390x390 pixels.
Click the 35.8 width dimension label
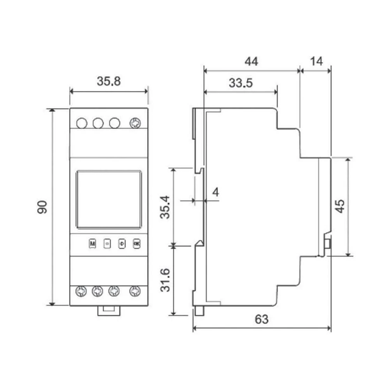click(109, 82)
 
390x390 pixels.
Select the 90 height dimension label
click(42, 207)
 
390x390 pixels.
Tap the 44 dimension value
click(251, 61)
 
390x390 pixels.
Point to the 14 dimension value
click(316, 61)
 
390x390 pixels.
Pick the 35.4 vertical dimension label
click(165, 207)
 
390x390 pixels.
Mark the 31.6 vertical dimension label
click(165, 280)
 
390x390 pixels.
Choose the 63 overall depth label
click(262, 319)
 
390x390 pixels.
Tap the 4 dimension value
click(216, 192)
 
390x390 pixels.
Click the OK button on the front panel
click(136, 243)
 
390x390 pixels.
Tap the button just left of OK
click(122, 243)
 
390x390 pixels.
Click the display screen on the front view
click(109, 199)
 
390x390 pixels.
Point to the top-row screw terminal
click(135, 124)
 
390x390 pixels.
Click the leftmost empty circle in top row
click(82, 124)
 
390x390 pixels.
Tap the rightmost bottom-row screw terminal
click(135, 291)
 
